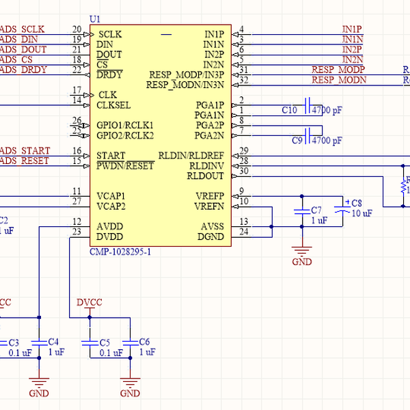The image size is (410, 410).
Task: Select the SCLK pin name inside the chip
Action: (x=110, y=33)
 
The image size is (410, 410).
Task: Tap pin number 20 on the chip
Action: (x=77, y=29)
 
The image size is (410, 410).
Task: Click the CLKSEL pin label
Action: (x=113, y=105)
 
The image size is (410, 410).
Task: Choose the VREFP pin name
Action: (x=209, y=196)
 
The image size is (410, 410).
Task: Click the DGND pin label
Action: (x=210, y=236)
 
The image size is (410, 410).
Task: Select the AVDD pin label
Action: (x=110, y=226)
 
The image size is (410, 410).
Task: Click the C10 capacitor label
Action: (x=289, y=110)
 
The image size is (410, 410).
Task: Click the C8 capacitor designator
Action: (x=357, y=203)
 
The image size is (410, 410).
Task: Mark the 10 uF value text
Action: (x=361, y=213)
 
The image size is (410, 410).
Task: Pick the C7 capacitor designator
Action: (x=316, y=210)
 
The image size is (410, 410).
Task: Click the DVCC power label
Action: (x=89, y=302)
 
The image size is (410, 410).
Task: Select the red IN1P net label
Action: (x=352, y=29)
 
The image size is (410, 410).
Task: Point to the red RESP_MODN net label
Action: (x=339, y=80)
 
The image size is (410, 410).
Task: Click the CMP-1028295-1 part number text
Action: (x=120, y=252)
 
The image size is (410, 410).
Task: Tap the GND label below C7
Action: (x=301, y=262)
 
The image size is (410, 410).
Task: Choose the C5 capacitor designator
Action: (x=105, y=342)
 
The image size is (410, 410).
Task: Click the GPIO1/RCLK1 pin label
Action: (x=125, y=125)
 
